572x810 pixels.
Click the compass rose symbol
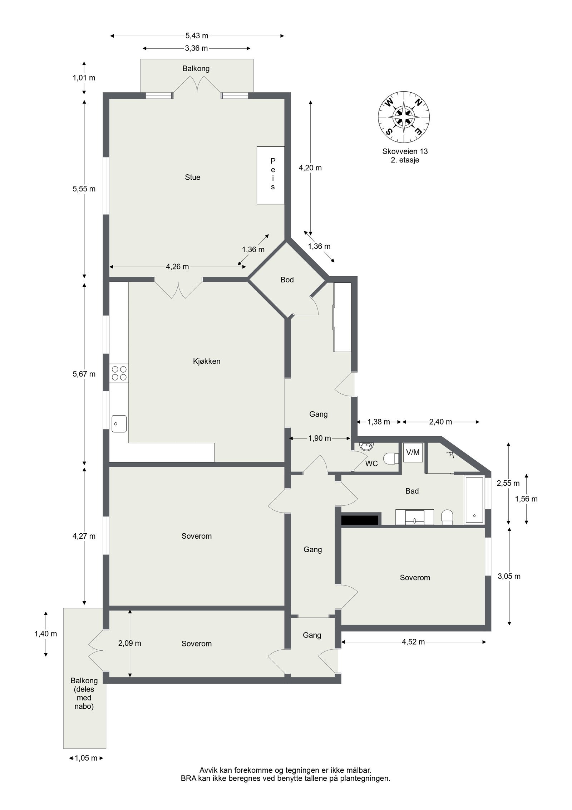[x=404, y=117]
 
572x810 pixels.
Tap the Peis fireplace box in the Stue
[x=271, y=175]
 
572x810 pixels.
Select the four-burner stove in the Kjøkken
[x=119, y=373]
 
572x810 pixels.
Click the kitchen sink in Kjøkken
[x=119, y=424]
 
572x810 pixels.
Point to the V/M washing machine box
[x=413, y=452]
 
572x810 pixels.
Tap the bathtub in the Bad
[x=474, y=500]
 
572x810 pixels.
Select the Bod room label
[x=287, y=280]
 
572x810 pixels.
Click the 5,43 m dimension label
[x=197, y=36]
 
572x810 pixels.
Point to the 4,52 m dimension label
[x=413, y=642]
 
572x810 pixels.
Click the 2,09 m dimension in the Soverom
[x=129, y=643]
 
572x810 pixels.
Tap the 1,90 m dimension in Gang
[x=320, y=438]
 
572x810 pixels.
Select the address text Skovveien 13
[x=405, y=151]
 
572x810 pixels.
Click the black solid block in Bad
[x=360, y=520]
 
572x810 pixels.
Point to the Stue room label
[x=192, y=177]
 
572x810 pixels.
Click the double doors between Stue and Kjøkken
[x=178, y=288]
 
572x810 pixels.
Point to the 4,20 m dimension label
[x=310, y=168]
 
